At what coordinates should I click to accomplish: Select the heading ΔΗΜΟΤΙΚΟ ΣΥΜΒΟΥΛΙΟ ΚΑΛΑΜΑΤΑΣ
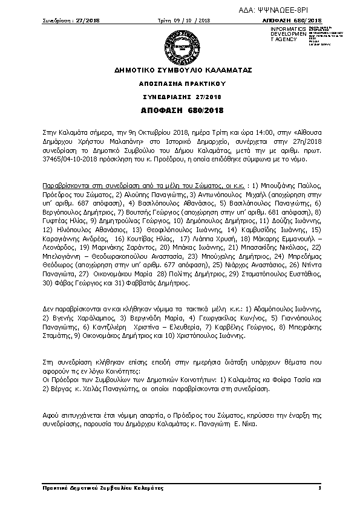coord(179,71)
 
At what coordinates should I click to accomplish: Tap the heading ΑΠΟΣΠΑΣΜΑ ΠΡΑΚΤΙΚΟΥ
coord(179,85)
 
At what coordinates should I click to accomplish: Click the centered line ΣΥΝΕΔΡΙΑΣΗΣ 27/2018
coord(179,97)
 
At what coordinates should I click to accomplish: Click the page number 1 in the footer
coord(319,487)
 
